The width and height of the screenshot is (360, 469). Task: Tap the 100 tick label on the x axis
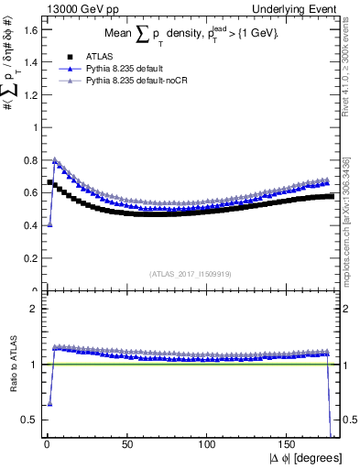pyautogui.click(x=208, y=444)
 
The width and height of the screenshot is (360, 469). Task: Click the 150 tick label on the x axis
pyautogui.click(x=289, y=444)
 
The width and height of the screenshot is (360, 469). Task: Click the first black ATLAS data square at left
pyautogui.click(x=49, y=181)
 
